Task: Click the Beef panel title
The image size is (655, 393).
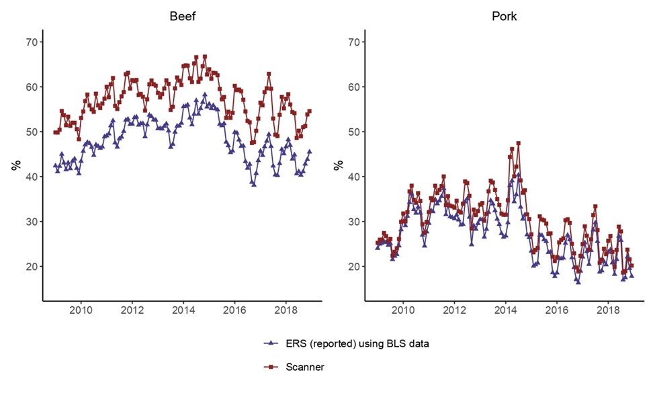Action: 182,16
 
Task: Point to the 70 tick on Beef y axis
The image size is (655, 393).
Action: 30,42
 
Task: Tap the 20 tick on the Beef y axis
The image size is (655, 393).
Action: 30,267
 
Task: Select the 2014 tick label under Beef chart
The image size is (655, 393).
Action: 183,311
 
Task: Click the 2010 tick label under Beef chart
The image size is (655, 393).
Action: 81,311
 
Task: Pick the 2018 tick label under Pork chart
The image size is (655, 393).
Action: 608,311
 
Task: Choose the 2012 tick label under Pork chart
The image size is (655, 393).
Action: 455,311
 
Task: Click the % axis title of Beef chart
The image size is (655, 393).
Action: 14,165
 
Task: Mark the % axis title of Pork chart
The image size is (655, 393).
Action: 337,165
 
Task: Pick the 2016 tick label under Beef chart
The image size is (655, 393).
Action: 234,311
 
